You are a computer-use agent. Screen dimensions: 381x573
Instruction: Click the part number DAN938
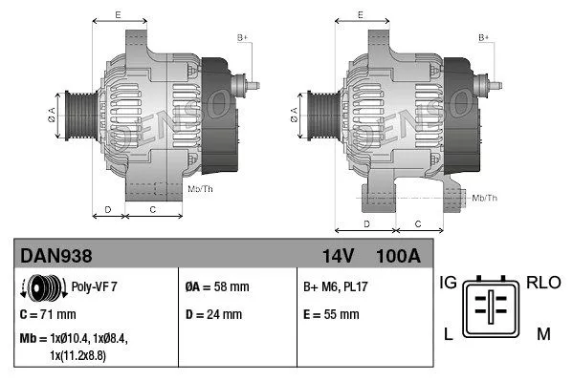pyautogui.click(x=58, y=256)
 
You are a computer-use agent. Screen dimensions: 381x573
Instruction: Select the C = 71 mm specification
pyautogui.click(x=48, y=313)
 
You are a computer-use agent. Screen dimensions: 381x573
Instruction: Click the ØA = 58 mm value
pyautogui.click(x=216, y=286)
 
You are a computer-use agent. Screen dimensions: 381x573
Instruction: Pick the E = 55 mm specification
pyautogui.click(x=331, y=313)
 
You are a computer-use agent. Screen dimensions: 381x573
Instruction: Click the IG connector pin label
pyautogui.click(x=448, y=283)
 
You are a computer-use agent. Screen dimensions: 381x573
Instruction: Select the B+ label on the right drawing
pyautogui.click(x=484, y=37)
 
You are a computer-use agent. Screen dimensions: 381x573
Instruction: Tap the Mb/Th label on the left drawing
pyautogui.click(x=201, y=190)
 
